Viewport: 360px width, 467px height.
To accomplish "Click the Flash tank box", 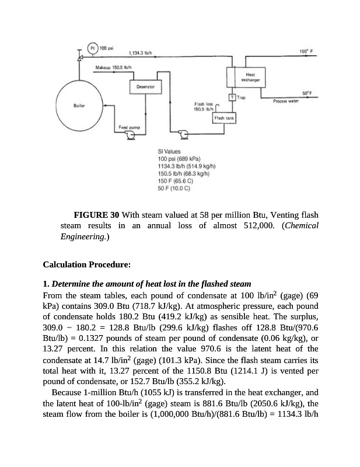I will (223, 119).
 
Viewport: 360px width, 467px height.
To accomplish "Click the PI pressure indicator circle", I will (93, 47).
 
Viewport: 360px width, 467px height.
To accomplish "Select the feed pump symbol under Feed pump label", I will (130, 136).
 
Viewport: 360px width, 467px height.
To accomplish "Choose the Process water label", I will (285, 100).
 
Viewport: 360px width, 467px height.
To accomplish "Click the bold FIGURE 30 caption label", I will (97, 214).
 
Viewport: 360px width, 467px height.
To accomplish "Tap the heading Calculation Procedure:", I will (87, 265).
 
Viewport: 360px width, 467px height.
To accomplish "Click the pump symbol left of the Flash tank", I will (185, 135).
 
